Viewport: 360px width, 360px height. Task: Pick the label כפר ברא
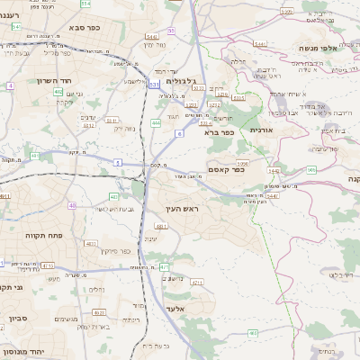tap(219, 132)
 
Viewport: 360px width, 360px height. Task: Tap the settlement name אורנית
tap(258, 130)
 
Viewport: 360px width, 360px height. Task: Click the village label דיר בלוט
tap(346, 274)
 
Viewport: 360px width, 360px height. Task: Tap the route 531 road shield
tap(154, 85)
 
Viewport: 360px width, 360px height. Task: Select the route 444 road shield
tap(157, 122)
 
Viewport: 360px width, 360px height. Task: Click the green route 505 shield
tap(311, 169)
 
